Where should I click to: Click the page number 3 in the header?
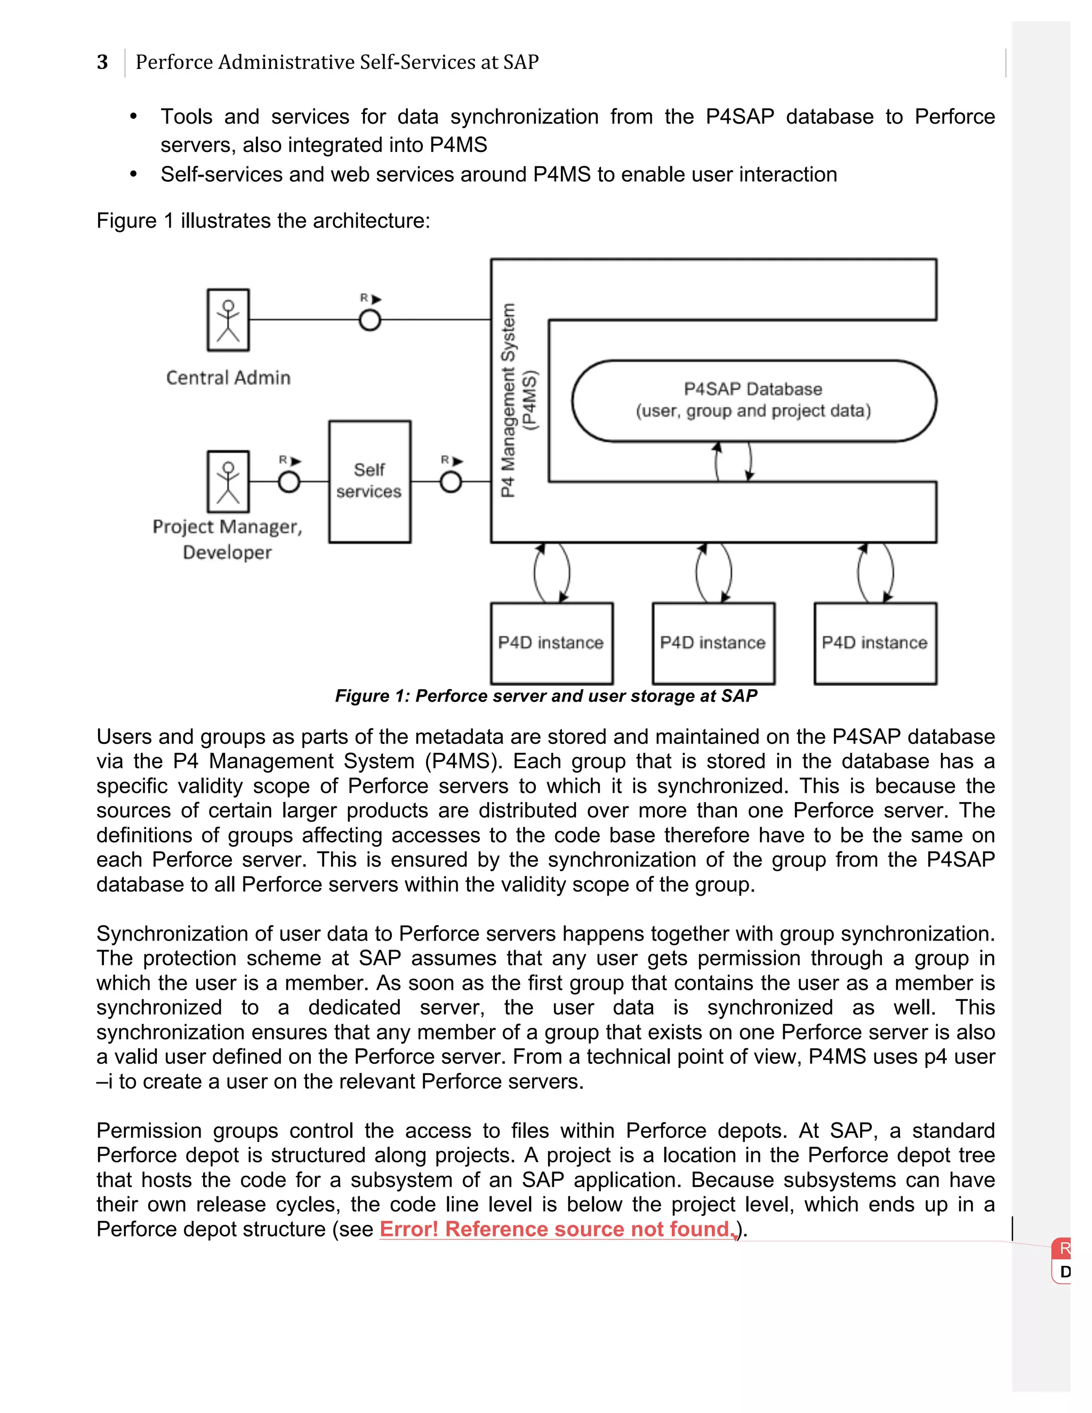(102, 62)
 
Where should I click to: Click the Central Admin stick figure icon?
(228, 319)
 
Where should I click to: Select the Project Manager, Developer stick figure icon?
(228, 481)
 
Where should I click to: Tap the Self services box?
(370, 481)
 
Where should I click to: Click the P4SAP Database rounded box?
(753, 400)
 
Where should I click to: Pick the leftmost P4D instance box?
(551, 643)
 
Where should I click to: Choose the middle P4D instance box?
(713, 643)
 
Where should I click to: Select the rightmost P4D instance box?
(874, 643)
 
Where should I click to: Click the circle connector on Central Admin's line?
(370, 319)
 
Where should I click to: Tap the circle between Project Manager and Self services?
(288, 481)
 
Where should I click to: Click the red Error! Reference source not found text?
(556, 1229)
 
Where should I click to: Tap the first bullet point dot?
(133, 116)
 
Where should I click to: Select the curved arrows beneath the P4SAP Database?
(733, 461)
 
